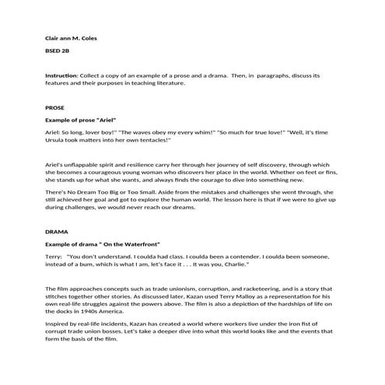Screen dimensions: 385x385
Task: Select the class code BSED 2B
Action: click(x=57, y=51)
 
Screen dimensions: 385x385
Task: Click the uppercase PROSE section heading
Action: click(x=54, y=108)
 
